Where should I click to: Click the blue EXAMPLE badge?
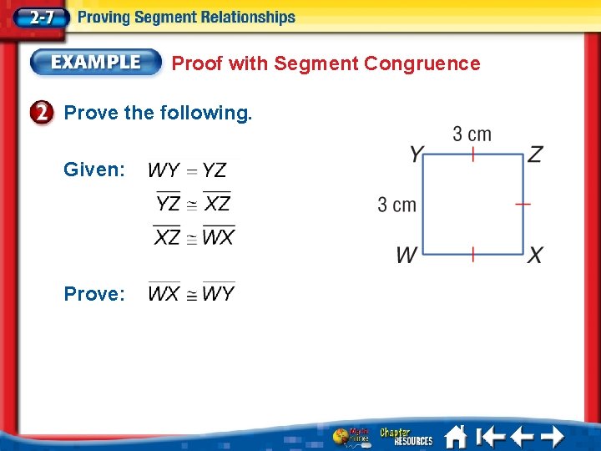pos(96,62)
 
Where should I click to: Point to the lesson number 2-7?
pos(37,17)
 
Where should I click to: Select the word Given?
pos(94,170)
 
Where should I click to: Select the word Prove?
pos(94,294)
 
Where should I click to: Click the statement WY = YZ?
pos(188,170)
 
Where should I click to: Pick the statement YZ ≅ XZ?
pos(194,202)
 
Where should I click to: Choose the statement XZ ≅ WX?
pos(194,236)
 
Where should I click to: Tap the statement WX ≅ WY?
pos(192,293)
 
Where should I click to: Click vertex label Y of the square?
pos(417,155)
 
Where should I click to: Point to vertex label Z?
pos(535,155)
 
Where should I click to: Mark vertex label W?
pos(407,255)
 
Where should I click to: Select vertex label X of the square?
pos(535,255)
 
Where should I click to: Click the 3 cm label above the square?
pos(472,134)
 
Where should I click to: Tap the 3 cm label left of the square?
pos(396,205)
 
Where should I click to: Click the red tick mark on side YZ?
pos(472,154)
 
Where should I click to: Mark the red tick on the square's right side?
pos(523,203)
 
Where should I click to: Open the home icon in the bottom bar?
pos(455,436)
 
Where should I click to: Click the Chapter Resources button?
pos(407,436)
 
